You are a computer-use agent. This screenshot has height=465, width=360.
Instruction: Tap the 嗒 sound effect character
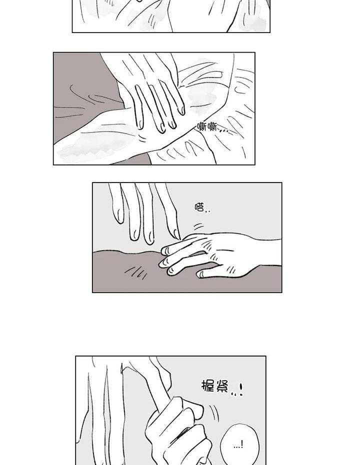click(199, 206)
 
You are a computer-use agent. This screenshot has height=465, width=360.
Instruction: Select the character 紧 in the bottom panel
click(222, 386)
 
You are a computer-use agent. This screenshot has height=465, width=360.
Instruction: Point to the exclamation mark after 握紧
click(241, 389)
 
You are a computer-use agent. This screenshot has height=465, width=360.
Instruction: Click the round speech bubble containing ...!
click(240, 443)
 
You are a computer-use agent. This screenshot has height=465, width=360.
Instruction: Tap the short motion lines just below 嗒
click(198, 226)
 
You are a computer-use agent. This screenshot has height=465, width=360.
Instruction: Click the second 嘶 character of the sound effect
click(212, 127)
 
